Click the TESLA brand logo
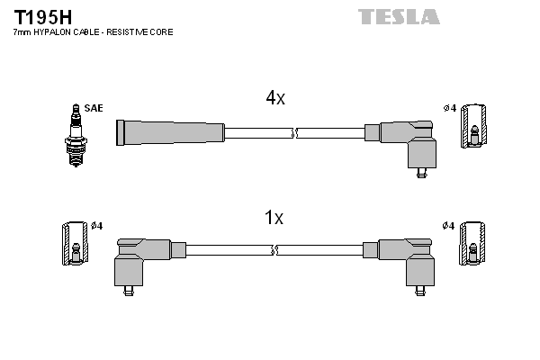(399, 16)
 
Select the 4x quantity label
(274, 99)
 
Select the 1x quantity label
(274, 218)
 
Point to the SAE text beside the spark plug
(94, 108)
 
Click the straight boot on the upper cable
(169, 132)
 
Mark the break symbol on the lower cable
(275, 249)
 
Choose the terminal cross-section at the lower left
(76, 246)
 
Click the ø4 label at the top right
(449, 108)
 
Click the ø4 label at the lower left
(97, 225)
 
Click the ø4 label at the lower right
(449, 225)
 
